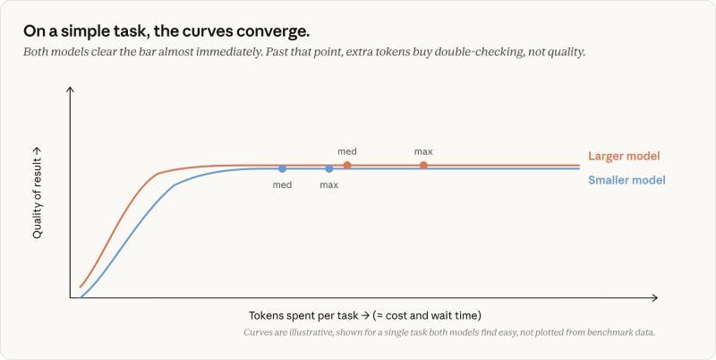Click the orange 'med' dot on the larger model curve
[x=347, y=166]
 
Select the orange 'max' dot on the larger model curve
[x=423, y=166]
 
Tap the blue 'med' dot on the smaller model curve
[x=282, y=168]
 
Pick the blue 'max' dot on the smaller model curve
[x=329, y=168]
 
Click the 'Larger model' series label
[x=624, y=156]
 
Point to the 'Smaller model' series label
[x=626, y=180]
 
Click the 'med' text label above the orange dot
[x=347, y=151]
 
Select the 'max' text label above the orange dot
[x=423, y=151]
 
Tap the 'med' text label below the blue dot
[x=282, y=185]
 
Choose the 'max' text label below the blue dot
[x=329, y=185]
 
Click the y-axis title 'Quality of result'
[x=38, y=198]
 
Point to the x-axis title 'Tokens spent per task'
[x=303, y=316]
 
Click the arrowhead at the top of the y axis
[x=70, y=89]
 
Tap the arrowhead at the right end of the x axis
[x=655, y=298]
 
